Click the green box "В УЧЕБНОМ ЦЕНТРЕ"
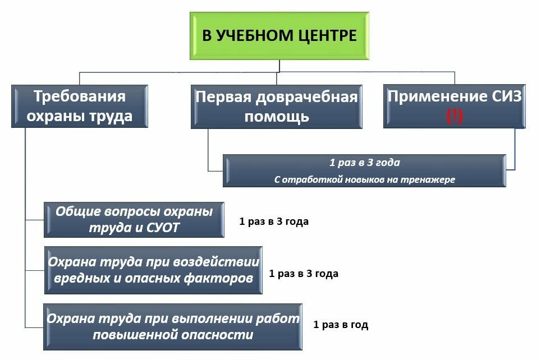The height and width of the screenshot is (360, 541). [279, 36]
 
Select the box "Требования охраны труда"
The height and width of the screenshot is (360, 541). [80, 106]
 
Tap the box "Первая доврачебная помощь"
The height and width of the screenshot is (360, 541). [276, 107]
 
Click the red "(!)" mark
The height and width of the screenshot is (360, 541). [454, 116]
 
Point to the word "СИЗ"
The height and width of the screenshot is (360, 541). [507, 96]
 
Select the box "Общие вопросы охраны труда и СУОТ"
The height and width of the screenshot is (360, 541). [134, 220]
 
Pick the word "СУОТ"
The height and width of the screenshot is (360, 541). [163, 228]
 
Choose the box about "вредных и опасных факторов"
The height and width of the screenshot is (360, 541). [153, 270]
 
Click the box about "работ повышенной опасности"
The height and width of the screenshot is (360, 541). [173, 327]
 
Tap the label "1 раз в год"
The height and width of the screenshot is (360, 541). [341, 325]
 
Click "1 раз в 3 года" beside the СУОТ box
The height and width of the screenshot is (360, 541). [274, 221]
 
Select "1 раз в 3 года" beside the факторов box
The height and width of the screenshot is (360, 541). [303, 274]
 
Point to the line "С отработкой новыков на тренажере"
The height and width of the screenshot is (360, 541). [364, 179]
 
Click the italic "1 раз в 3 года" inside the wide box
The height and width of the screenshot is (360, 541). [364, 163]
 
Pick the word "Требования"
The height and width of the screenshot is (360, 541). [79, 96]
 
